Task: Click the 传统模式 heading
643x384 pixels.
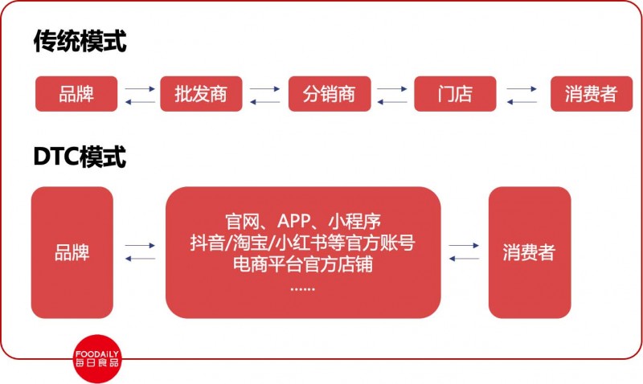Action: point(80,41)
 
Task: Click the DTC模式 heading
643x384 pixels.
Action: point(80,157)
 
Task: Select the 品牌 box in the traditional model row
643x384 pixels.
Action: point(76,94)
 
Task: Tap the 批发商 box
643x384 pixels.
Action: point(201,94)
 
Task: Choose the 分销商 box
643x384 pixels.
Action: point(330,94)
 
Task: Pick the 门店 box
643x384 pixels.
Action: point(455,94)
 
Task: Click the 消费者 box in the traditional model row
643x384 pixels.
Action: point(592,94)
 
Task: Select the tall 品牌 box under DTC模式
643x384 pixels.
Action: point(72,252)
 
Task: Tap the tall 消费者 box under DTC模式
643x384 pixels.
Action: point(530,252)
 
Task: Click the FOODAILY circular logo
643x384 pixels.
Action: point(97,358)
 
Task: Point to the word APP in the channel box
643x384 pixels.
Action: point(293,221)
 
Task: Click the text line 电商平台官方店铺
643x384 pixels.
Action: point(303,264)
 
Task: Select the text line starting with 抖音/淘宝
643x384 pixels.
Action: point(303,243)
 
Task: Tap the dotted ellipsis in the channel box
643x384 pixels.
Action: point(303,289)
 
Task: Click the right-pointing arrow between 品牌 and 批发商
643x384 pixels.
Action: point(140,88)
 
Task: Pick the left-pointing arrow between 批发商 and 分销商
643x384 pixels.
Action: point(265,102)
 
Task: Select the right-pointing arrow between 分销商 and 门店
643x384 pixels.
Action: point(392,88)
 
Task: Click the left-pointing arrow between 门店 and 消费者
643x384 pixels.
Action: point(522,102)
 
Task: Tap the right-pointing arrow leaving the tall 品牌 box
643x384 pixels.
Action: point(140,246)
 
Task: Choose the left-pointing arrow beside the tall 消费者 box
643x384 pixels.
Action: point(465,259)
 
